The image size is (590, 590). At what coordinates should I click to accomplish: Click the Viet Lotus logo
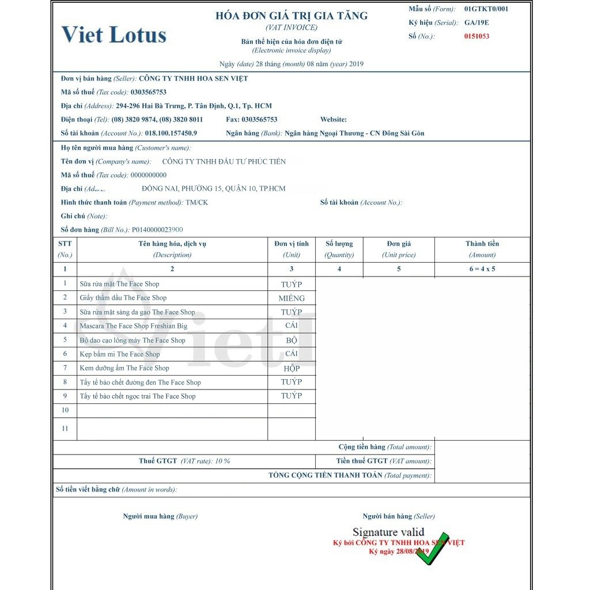[x=114, y=35]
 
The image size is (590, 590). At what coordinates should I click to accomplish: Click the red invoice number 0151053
[x=476, y=36]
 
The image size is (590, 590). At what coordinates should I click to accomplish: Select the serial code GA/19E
[x=476, y=23]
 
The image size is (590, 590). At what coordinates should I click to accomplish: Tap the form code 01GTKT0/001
[x=486, y=9]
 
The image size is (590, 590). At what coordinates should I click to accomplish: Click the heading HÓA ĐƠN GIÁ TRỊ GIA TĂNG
[x=292, y=16]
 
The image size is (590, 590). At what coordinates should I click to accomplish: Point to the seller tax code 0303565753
[x=149, y=92]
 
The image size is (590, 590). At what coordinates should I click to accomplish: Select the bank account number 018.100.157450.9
[x=171, y=134]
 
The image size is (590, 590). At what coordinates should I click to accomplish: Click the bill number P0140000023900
[x=157, y=230]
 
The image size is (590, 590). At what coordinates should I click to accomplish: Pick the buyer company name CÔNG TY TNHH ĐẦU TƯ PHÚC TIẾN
[x=224, y=162]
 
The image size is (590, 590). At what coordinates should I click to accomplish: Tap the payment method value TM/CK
[x=196, y=203]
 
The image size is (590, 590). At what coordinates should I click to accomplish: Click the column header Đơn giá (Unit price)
[x=399, y=249]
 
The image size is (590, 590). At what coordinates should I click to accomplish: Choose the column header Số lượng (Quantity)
[x=339, y=249]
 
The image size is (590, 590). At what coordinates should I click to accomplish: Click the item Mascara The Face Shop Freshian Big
[x=133, y=326]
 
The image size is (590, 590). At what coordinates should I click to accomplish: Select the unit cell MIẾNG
[x=292, y=298]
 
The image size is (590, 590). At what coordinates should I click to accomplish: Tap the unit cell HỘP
[x=292, y=369]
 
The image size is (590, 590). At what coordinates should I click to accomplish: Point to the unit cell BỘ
[x=292, y=341]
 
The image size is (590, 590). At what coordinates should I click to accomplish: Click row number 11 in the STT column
[x=65, y=429]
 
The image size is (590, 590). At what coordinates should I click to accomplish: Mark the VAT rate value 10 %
[x=222, y=462]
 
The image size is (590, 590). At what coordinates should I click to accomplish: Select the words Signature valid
[x=388, y=532]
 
